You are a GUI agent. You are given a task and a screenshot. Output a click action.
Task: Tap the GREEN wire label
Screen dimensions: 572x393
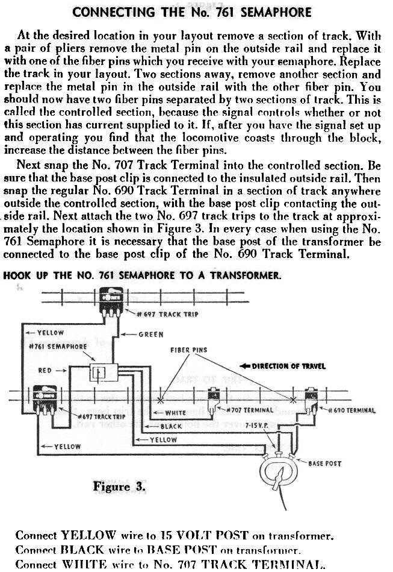(150, 335)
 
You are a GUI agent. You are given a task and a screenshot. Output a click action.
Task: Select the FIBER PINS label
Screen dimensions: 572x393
(188, 350)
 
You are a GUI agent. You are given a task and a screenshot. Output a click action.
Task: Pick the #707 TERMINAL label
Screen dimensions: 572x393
(244, 410)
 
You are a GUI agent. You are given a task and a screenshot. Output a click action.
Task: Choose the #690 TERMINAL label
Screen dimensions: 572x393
(351, 410)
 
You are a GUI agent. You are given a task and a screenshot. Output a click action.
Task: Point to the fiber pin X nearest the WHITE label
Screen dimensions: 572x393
(160, 400)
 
